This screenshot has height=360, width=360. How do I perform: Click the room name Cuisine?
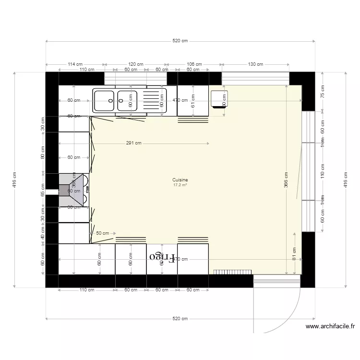click(181, 180)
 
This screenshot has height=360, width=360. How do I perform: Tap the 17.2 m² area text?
click(181, 184)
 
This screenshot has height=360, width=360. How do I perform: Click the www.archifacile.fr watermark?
click(330, 326)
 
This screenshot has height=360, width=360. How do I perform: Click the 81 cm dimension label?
click(294, 253)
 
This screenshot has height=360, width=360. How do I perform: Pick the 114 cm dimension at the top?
click(75, 64)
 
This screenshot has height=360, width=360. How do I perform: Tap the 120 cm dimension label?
click(136, 64)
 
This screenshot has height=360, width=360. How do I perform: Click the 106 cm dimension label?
click(194, 64)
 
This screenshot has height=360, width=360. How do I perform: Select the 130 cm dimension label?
click(255, 64)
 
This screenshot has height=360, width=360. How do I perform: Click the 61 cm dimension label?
click(193, 101)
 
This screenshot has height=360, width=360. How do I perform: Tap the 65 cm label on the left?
click(43, 191)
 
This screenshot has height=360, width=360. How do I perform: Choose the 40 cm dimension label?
click(43, 234)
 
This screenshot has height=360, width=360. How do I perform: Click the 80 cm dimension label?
click(43, 153)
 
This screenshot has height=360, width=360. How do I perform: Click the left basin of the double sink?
click(104, 101)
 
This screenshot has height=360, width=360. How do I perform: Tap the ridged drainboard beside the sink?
click(155, 101)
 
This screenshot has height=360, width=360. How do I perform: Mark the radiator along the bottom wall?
click(231, 272)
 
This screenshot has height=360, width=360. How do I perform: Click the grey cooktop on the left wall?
click(71, 191)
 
